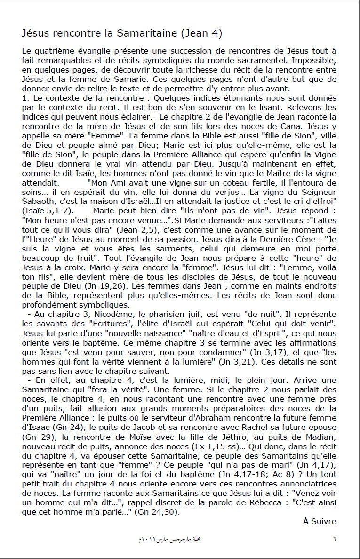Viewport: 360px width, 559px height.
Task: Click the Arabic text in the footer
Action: (x=170, y=538)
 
